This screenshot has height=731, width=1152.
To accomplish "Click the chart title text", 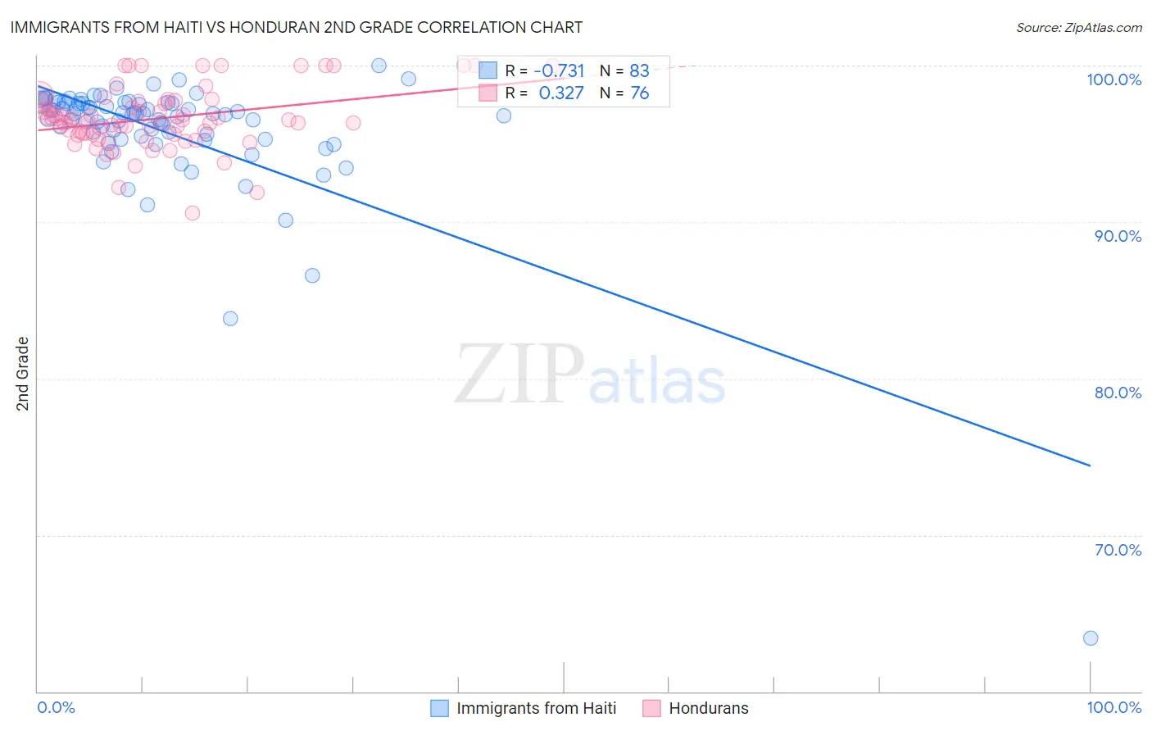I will (296, 27).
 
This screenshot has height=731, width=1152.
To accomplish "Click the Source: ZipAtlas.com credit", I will (1078, 27).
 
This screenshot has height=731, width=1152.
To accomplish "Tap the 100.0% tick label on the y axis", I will (1113, 79).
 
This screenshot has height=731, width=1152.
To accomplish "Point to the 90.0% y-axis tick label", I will (1118, 236).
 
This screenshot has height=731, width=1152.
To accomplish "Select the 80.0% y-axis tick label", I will (1118, 393).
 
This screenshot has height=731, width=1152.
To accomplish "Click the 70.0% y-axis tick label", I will (1118, 550).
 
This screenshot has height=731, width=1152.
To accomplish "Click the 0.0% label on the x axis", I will (56, 707).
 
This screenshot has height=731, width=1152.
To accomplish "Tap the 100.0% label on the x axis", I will (1113, 707).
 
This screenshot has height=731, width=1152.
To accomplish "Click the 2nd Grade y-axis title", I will (22, 374).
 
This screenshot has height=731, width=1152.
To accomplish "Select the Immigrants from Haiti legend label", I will (536, 708).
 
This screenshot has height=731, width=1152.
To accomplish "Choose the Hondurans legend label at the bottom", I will (709, 708).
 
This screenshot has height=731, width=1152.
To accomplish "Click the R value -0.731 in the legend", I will (559, 71).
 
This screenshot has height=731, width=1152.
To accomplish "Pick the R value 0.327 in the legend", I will (561, 93).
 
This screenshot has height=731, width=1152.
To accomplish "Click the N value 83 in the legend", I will (639, 71).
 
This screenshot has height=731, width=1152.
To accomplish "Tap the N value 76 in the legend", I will (639, 93).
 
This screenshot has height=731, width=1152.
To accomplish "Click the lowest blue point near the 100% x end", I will (1090, 638).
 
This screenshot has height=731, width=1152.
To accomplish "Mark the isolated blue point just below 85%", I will (230, 318).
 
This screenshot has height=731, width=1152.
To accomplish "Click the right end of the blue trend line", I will (1090, 465).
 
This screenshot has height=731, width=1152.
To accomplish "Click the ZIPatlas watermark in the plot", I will (590, 375).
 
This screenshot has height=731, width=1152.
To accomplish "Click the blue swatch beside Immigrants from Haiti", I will (440, 708).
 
